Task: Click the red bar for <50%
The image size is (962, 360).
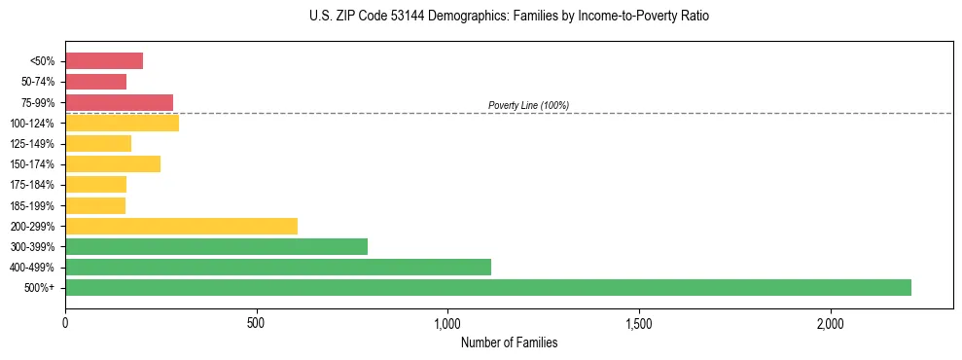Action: click(104, 61)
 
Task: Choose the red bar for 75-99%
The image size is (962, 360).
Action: click(119, 102)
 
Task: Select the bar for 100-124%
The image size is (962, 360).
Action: click(122, 123)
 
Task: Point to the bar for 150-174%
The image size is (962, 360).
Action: click(113, 164)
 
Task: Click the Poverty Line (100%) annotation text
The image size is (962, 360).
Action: click(528, 105)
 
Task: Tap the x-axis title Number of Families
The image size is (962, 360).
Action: click(509, 342)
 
